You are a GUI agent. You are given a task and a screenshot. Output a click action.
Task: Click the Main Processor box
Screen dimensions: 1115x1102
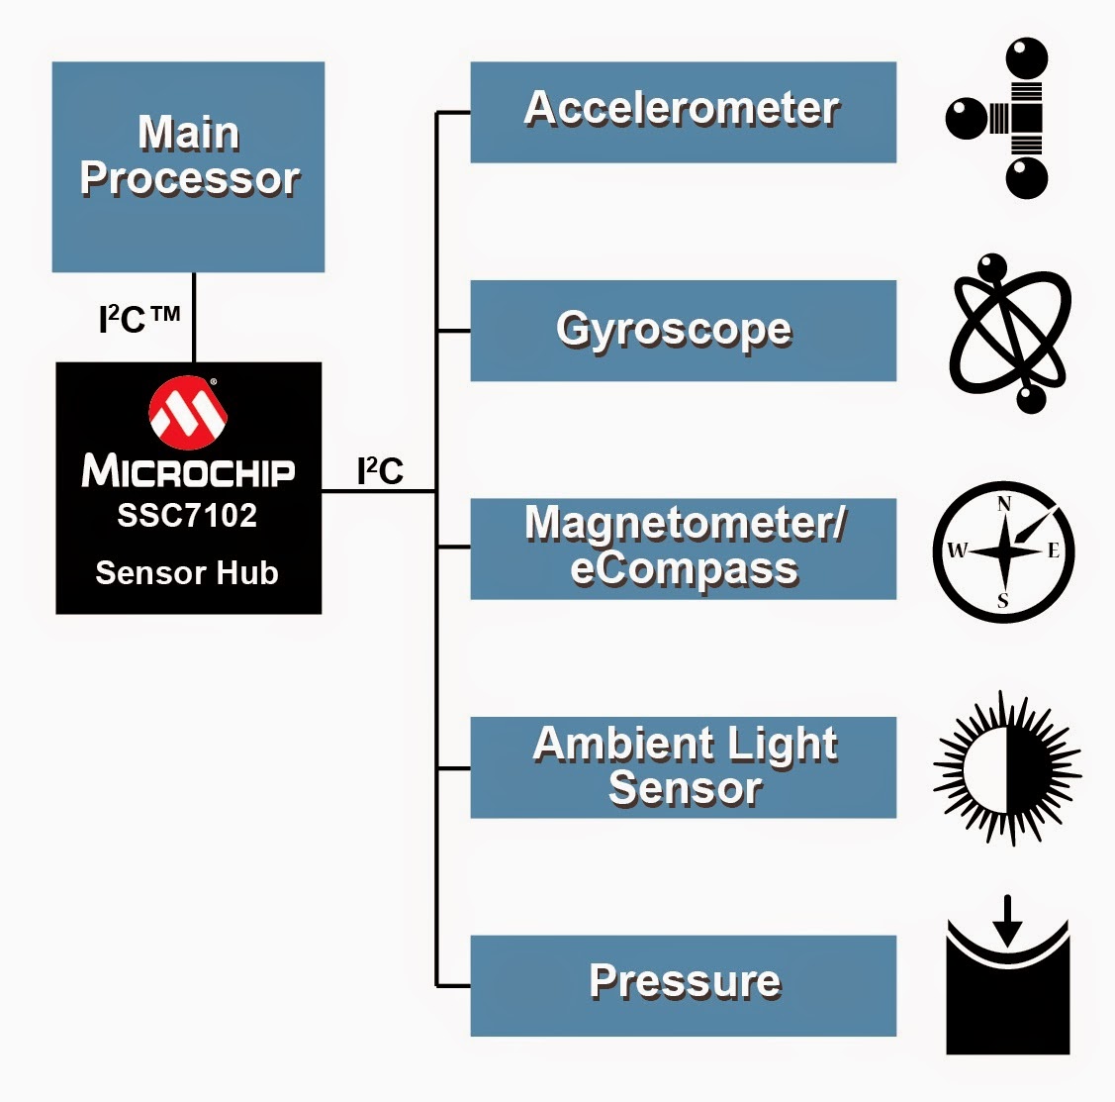coord(188,166)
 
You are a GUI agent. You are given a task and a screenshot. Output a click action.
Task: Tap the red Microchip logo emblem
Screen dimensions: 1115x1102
coord(188,413)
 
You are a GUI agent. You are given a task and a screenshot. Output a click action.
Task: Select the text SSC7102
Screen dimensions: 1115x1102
coord(187,515)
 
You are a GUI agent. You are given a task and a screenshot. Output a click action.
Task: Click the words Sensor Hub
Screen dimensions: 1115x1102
coord(187,572)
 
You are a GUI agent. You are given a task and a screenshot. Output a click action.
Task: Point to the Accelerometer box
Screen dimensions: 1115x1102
coord(684,113)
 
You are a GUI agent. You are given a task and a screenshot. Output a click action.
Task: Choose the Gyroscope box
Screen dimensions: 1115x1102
coord(684,331)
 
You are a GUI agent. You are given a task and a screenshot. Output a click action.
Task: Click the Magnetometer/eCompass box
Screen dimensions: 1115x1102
coord(684,550)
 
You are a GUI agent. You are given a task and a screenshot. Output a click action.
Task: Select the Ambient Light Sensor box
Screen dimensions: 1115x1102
coord(684,767)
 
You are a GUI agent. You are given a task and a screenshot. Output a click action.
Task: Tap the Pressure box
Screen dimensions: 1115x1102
coord(684,986)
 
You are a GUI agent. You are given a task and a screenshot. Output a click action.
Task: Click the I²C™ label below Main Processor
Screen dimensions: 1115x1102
coord(139,319)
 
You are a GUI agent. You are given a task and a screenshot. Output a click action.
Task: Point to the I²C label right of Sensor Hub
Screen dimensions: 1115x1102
coord(380,470)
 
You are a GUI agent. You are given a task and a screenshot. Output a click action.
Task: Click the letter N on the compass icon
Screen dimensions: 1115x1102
coord(1004,504)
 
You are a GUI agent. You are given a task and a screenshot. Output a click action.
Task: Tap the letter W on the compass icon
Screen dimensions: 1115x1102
coord(957,550)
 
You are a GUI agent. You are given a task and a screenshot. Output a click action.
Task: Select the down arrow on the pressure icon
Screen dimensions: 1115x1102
coord(1007,921)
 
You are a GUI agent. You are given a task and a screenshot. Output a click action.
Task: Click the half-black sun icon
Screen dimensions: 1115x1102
coord(1007,769)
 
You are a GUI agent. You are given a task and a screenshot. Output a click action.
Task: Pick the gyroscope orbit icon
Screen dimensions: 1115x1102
coord(1010,333)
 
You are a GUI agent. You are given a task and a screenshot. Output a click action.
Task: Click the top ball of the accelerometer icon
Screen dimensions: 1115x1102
coord(1027,58)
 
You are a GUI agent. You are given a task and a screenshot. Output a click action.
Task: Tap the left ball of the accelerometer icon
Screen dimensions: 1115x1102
coord(967,119)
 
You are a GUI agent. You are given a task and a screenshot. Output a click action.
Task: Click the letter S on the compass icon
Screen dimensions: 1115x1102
coord(1002,600)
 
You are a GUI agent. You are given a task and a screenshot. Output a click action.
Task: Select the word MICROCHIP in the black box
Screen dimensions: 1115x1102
coord(188,471)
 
